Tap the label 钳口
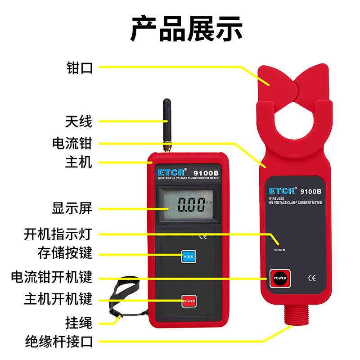(x=79, y=68)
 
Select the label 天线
(x=79, y=121)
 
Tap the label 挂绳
(x=79, y=322)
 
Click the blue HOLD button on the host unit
(x=188, y=256)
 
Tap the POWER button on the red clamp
(x=279, y=278)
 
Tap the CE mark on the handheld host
(x=203, y=235)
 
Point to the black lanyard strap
(x=124, y=292)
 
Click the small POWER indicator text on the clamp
(x=279, y=250)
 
